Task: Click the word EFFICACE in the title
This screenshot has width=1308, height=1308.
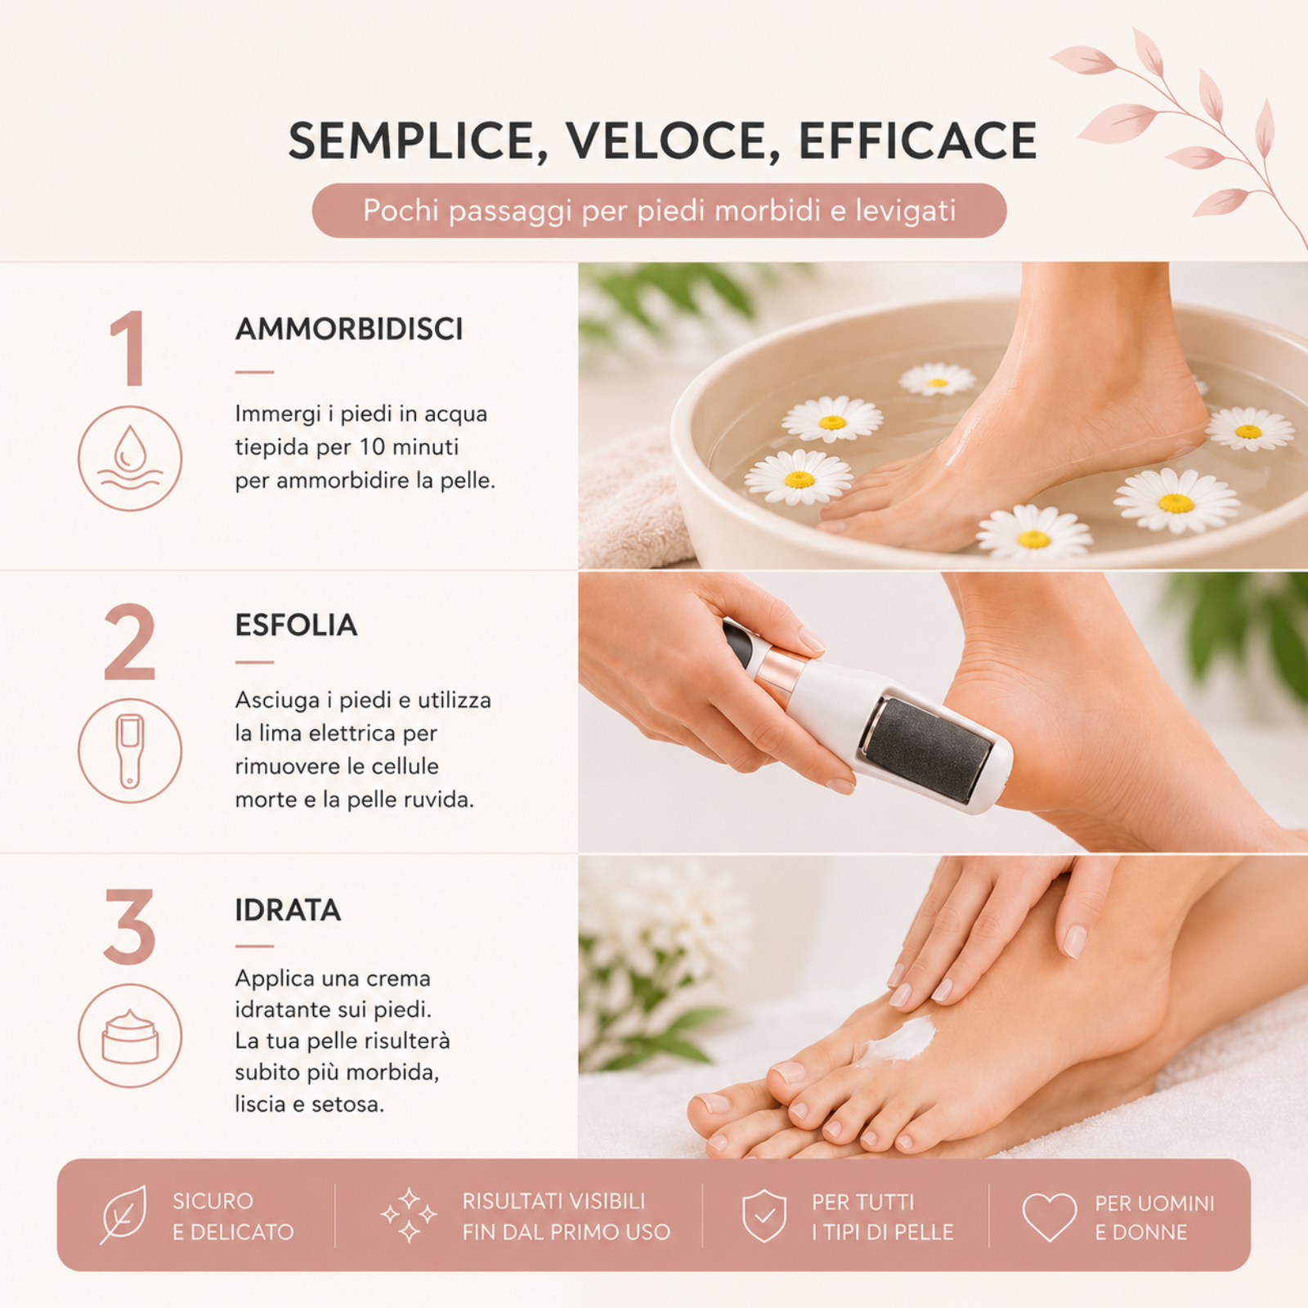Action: coord(917,141)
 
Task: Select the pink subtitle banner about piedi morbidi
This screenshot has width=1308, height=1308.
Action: coord(659,211)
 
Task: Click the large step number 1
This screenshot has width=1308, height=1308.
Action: coord(128,348)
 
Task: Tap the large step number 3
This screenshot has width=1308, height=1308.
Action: coord(129,926)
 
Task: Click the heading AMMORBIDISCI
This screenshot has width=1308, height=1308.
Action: coord(349,329)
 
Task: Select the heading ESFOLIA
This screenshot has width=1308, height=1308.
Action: coord(296,625)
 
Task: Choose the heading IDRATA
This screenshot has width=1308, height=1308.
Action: coord(288,910)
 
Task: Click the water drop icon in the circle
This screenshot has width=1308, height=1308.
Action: coord(130,458)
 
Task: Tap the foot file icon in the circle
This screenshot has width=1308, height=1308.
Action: coord(130,750)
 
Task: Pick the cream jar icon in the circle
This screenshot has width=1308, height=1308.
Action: coord(130,1036)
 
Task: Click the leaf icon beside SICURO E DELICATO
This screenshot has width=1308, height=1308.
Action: coord(123,1215)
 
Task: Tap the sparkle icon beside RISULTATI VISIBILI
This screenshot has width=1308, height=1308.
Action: coord(409,1216)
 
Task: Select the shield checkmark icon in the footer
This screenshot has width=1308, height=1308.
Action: coord(764,1216)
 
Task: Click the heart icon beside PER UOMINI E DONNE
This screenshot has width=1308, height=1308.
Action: coord(1050,1216)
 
